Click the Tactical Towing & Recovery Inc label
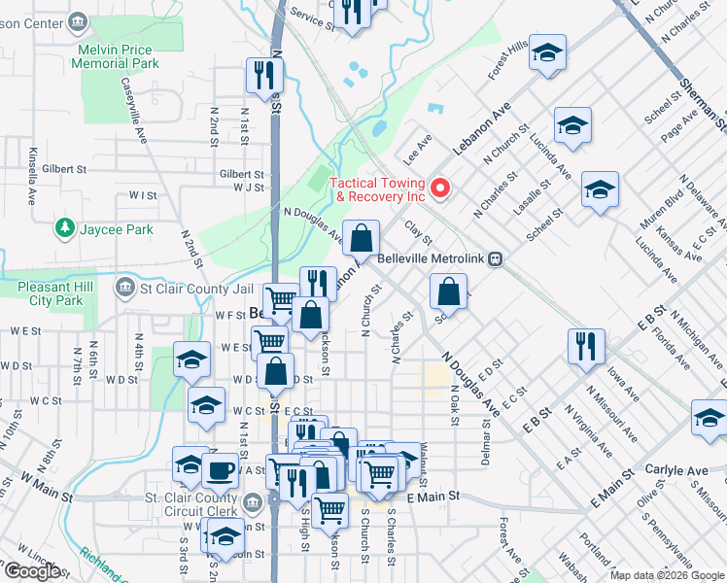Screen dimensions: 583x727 coord(378,189)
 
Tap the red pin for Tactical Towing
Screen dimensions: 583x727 coord(438,188)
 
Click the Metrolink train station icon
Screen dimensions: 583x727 coord(497,259)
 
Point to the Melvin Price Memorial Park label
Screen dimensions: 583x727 coord(115,55)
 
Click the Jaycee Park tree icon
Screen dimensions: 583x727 coord(64,228)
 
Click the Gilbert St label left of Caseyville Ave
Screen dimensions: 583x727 coord(64,169)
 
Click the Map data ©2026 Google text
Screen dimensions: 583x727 coord(666,575)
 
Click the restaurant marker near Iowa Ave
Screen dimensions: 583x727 coord(586,345)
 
